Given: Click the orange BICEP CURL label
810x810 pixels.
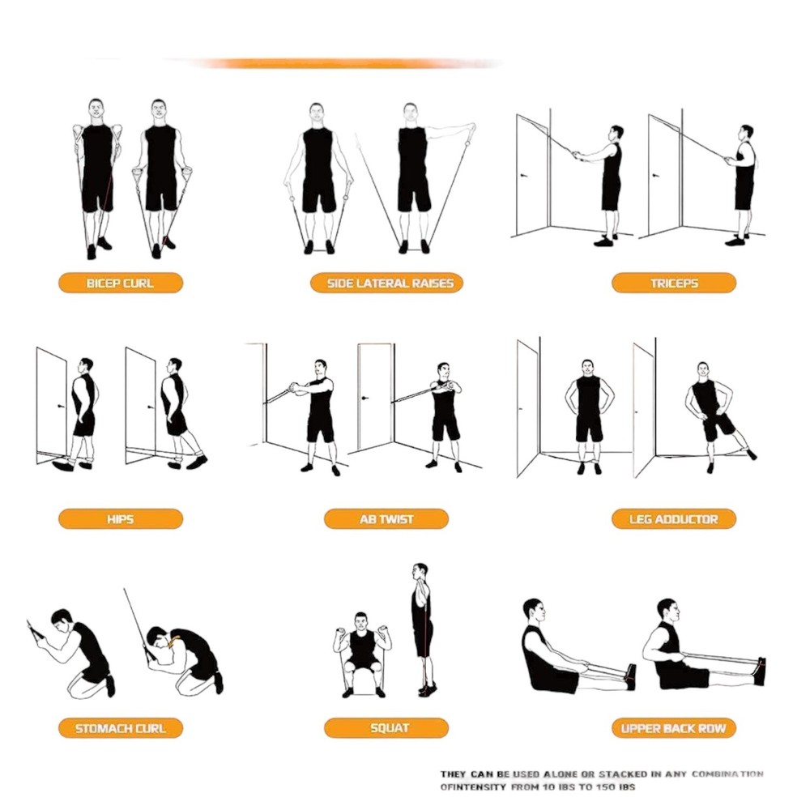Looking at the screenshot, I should point(120,283).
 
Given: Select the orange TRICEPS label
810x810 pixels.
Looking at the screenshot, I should point(673,283).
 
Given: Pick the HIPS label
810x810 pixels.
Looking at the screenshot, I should point(120,519).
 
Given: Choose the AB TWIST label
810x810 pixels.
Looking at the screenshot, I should point(386,519).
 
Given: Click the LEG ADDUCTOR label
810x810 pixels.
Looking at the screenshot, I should point(673,519).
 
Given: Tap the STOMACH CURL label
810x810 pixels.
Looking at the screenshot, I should point(120,728).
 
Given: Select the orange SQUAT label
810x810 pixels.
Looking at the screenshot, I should point(386,728).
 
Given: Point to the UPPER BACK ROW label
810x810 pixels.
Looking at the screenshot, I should point(673,728).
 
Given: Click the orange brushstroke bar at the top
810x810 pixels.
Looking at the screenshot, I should point(340,63).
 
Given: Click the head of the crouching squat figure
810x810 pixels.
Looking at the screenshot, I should point(361,620).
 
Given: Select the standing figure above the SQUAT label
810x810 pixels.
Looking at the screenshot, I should point(422,628).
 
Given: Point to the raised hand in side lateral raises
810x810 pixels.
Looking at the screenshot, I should point(470,128).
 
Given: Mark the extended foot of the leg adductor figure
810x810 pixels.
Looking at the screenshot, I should point(752,454).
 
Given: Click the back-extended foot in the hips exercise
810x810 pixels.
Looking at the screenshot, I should point(197,462).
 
